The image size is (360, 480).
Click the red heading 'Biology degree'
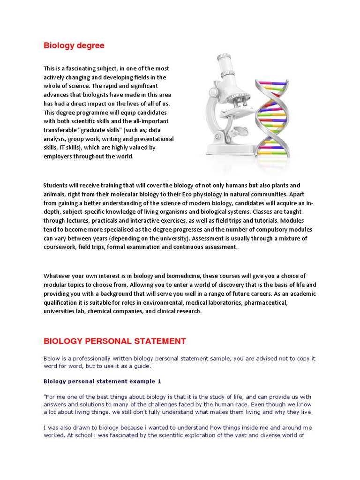pos(74,45)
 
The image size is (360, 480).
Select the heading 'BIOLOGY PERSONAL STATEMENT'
pos(114,341)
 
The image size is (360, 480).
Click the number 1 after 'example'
pos(159,382)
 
